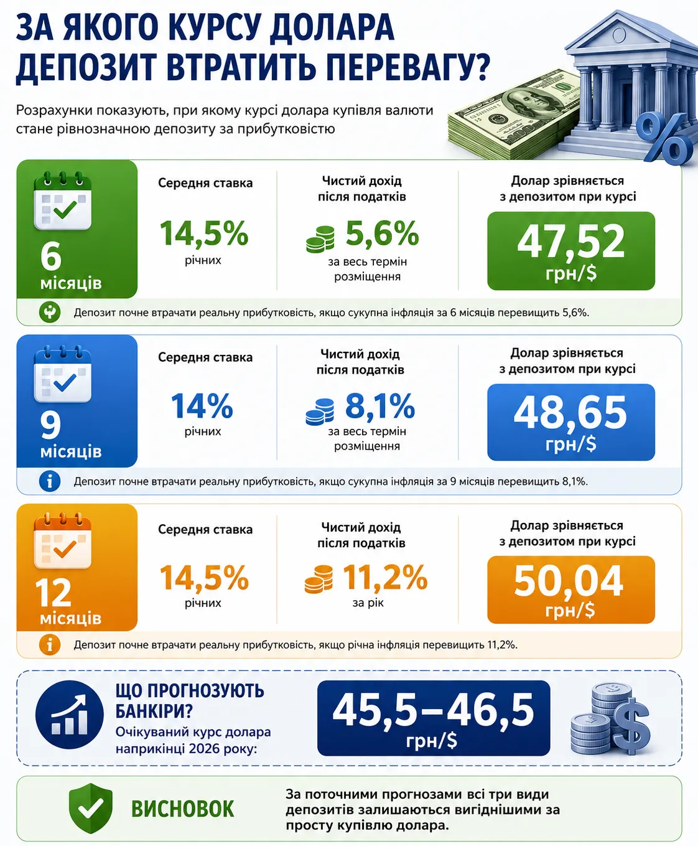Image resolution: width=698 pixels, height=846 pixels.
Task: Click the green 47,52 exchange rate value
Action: pyautogui.click(x=571, y=242)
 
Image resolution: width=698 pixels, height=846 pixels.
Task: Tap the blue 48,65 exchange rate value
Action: pyautogui.click(x=570, y=413)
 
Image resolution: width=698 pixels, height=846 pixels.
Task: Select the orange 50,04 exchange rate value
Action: pyautogui.click(x=569, y=581)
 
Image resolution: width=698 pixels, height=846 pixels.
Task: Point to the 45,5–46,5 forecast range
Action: pyautogui.click(x=433, y=710)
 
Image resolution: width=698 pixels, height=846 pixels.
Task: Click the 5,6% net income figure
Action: pyautogui.click(x=382, y=233)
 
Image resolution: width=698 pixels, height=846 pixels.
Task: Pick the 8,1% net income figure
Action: pyautogui.click(x=380, y=405)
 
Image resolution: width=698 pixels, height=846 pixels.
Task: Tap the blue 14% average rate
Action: pyautogui.click(x=202, y=405)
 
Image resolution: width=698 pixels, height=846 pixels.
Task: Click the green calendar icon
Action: pyautogui.click(x=63, y=200)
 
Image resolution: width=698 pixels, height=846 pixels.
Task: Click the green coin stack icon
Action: pyautogui.click(x=320, y=240)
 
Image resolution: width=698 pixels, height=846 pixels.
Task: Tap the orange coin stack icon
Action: pyautogui.click(x=319, y=580)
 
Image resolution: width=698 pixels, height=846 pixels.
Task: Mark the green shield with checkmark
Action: pyautogui.click(x=91, y=808)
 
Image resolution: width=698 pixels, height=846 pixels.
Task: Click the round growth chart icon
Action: pyautogui.click(x=69, y=714)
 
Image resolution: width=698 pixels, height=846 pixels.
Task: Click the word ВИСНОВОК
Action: pyautogui.click(x=183, y=809)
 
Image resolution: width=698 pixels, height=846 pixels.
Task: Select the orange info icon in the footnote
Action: pyautogui.click(x=50, y=645)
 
